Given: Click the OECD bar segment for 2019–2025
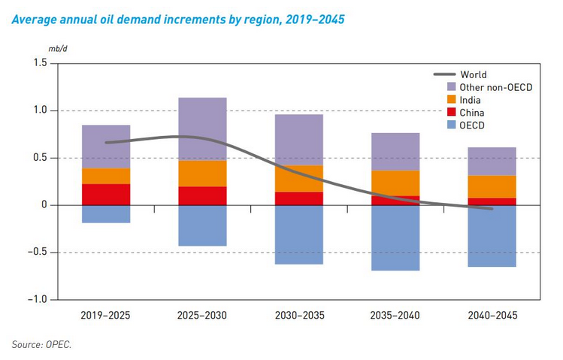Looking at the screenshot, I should (106, 214).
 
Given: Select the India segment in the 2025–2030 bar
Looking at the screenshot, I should (202, 174).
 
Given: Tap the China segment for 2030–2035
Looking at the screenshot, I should (298, 198).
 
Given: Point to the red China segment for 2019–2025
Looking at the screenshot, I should (106, 195).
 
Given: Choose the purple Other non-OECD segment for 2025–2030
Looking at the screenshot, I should (202, 129).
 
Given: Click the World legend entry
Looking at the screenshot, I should (474, 74).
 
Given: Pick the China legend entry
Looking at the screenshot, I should (472, 112).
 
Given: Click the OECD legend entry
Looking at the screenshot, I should (472, 124).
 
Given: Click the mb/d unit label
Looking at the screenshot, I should (35, 47).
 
